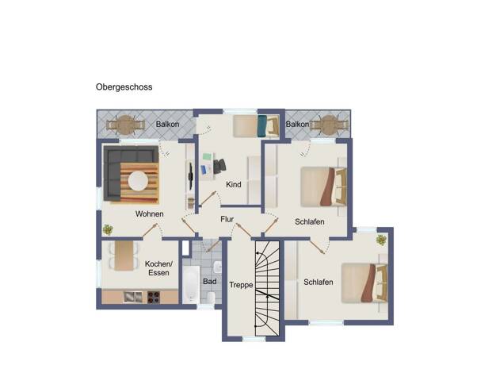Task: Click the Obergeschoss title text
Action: pos(124,87)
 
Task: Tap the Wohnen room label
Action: pos(149,214)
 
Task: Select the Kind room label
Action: pos(234,184)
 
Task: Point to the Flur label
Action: pos(227,219)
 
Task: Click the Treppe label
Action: pos(241,285)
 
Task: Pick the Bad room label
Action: pos(210,281)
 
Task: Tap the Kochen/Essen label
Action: pos(158,268)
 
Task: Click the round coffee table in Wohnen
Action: pos(138,181)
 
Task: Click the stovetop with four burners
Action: pos(154,298)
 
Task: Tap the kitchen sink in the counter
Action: pos(133,297)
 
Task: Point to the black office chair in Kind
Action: pos(219,166)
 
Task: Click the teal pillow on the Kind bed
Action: pos(261,126)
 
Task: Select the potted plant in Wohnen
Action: pos(108,229)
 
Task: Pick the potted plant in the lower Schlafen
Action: pos(381,240)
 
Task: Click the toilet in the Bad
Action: pos(211,298)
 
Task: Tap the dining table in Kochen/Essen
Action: pos(124,256)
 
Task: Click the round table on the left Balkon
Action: pos(125,125)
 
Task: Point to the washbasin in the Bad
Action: pos(218,267)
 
